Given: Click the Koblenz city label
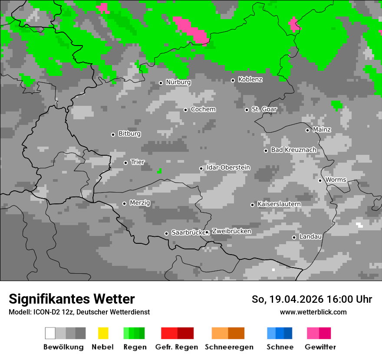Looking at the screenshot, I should coord(250,80).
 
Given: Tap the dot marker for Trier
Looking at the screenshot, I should coord(125,163).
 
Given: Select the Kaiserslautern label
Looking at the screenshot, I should coord(279,204).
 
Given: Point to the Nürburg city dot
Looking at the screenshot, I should coord(161,83).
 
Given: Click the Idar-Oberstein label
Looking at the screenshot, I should coord(228,168).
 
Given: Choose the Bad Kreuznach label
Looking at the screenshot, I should coord(293,150).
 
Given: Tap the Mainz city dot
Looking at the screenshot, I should coord(307,130).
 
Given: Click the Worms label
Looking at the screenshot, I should coord(336,180).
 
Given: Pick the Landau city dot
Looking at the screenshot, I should coord(294,237).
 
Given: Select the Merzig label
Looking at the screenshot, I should coord(140,203).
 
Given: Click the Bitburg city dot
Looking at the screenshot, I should coord(113,134).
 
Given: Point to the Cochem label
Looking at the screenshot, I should coord(203,109).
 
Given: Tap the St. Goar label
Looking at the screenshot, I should coord(264,109).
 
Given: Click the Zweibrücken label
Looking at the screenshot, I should coord(231,232).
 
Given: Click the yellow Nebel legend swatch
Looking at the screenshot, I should coord(103,333).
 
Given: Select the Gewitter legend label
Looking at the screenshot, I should coord(320,347).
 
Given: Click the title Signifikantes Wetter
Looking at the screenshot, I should coord(72,299).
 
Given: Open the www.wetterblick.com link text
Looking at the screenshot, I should coord(313,312).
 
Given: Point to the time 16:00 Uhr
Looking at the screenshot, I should coord(346,299).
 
